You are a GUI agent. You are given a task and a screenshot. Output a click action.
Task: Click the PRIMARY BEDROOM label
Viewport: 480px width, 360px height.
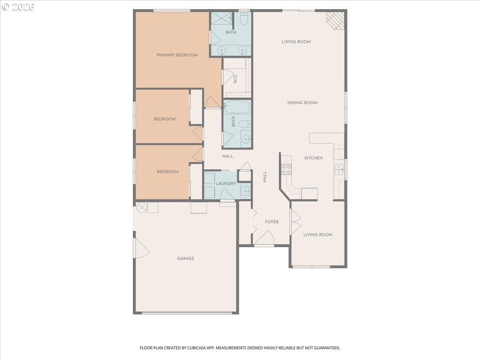[177, 55]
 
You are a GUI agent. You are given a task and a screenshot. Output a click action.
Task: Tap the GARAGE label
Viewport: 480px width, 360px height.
[186, 258]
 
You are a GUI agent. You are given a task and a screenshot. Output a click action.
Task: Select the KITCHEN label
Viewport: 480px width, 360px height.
[313, 158]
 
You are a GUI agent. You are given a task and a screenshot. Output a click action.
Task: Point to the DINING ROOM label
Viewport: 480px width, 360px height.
[302, 103]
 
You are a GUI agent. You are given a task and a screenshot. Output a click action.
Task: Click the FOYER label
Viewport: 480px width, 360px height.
[272, 222]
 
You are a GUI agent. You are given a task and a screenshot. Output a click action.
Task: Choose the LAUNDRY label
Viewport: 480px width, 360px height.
[226, 184]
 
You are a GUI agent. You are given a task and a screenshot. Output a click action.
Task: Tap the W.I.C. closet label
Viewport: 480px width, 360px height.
[235, 79]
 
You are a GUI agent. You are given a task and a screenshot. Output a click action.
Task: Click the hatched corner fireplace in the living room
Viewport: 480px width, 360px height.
[336, 20]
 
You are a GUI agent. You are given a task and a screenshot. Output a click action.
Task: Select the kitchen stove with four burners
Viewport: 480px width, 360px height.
[286, 169]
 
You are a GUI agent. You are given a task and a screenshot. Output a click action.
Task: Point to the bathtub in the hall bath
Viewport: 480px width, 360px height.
[237, 107]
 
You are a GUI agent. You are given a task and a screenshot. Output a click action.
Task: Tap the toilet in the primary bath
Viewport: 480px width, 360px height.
[244, 18]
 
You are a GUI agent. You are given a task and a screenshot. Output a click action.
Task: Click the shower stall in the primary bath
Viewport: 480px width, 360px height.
[222, 18]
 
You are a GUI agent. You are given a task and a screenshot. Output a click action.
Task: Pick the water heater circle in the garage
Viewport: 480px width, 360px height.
[142, 208]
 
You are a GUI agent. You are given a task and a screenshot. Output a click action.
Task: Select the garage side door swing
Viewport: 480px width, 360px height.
[142, 248]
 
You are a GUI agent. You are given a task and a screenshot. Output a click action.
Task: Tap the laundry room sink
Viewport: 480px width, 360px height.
[246, 191]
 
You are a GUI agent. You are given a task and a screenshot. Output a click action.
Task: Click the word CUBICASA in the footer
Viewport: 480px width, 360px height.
[196, 348]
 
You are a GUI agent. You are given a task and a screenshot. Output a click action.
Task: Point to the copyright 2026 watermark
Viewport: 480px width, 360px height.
[18, 7]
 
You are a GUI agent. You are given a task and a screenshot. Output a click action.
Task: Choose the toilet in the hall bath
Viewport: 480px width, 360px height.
[245, 124]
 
